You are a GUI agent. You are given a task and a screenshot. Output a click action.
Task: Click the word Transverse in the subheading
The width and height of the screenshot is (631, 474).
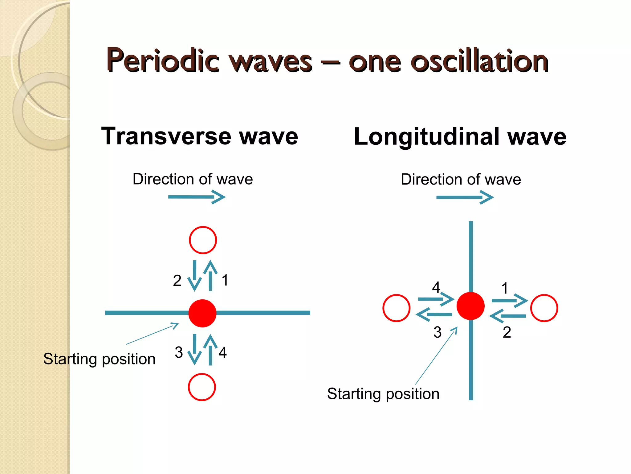click(x=166, y=136)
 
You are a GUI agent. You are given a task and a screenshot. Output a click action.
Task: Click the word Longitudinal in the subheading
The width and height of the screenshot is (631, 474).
click(x=427, y=137)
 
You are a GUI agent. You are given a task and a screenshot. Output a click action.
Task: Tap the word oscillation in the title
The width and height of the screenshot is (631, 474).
click(x=479, y=61)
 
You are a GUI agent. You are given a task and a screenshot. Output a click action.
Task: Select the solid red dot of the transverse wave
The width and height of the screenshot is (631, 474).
click(x=202, y=313)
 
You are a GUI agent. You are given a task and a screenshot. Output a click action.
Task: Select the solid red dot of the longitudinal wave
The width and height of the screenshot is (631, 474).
click(x=470, y=306)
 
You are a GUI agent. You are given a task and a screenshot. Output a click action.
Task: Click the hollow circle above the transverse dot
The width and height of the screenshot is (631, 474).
click(x=203, y=240)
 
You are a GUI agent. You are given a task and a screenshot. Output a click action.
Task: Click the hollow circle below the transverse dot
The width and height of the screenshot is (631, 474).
click(x=202, y=387)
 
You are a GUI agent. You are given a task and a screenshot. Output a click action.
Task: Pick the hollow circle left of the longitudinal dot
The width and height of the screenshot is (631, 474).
click(x=396, y=308)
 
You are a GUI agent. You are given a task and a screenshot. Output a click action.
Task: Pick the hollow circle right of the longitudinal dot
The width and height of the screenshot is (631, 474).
click(x=544, y=308)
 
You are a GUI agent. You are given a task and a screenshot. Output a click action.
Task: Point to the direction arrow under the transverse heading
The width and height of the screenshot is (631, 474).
click(x=197, y=197)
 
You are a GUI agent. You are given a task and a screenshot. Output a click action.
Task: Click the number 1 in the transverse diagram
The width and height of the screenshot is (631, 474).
click(x=225, y=280)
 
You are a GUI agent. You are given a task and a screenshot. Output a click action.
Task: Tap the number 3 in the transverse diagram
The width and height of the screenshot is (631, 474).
click(x=179, y=352)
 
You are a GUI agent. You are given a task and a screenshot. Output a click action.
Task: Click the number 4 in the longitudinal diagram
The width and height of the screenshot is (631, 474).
click(x=436, y=288)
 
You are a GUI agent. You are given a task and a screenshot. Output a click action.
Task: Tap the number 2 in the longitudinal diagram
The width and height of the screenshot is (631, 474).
click(x=507, y=332)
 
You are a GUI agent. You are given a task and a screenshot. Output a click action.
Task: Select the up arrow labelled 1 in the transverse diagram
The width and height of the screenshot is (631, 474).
click(x=210, y=276)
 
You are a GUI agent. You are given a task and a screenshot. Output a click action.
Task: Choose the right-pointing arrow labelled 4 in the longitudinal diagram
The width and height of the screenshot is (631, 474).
click(x=436, y=299)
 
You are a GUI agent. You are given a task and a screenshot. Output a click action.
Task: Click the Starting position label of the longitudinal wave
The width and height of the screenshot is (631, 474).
click(x=383, y=394)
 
